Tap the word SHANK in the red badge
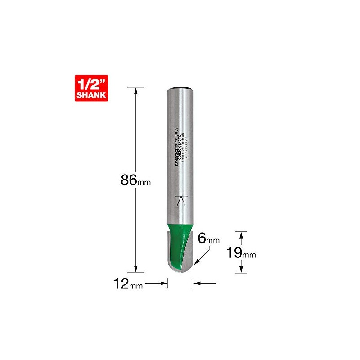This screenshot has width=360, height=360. tap(93, 94)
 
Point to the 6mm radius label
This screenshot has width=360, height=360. tap(211, 240)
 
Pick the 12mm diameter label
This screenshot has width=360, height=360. tap(128, 284)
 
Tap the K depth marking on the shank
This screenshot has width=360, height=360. tap(181, 201)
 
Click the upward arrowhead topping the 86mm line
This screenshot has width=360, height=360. tap(135, 90)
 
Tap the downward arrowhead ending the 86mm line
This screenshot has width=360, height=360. tap(135, 269)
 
